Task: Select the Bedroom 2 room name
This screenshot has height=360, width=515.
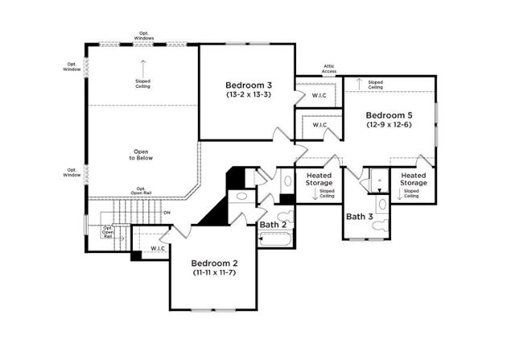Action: click(212, 263)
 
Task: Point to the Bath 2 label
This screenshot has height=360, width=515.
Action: click(274, 223)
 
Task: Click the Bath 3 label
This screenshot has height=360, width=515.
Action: click(360, 216)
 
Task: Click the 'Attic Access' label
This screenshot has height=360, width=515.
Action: click(329, 69)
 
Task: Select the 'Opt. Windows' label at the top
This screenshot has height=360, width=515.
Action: click(143, 35)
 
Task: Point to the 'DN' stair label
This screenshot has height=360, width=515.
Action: click(167, 213)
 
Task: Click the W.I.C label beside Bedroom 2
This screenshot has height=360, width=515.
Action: click(158, 247)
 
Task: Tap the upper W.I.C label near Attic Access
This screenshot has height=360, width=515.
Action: click(319, 96)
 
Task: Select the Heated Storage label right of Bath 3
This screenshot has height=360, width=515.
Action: click(413, 179)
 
